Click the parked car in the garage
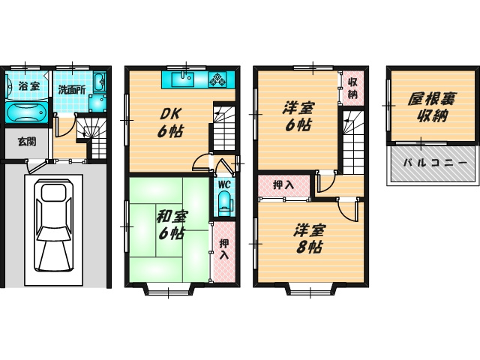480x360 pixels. pos(54,225)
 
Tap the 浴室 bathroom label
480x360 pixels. pos(29,86)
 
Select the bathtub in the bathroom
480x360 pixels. pos(25,112)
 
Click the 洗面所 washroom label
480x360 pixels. pos(72,90)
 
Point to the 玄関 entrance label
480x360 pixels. pos(27,142)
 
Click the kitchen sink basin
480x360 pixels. pos(183,79)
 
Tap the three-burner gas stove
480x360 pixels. pos(217,79)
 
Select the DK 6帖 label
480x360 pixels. pos(170,123)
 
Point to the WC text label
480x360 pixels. pos(224,184)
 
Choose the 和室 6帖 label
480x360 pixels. pos(172,225)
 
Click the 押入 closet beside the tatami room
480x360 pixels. pos(224,251)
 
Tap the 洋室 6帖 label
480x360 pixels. pos(298,117)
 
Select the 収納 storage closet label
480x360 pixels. pos(352,88)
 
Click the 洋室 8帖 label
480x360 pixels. pos(309,238)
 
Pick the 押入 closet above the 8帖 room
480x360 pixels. pos(283,185)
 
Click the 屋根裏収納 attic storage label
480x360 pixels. pos(431,107)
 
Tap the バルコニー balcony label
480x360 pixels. pos(435,163)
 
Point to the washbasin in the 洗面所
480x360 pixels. pos(99,82)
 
